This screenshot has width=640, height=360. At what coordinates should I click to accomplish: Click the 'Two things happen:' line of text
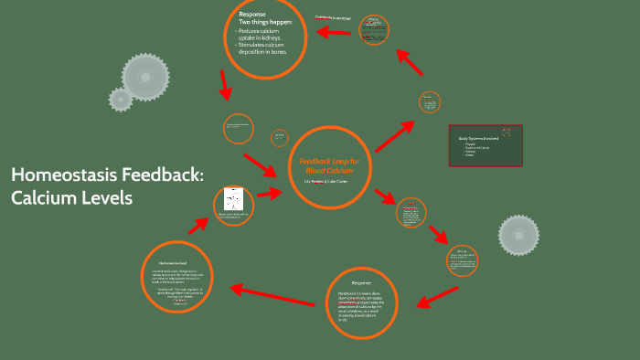pyautogui.click(x=265, y=22)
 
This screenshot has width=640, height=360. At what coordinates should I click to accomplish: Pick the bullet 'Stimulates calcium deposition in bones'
pyautogui.click(x=265, y=48)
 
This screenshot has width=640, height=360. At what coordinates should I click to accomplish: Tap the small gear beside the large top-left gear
pyautogui.click(x=120, y=98)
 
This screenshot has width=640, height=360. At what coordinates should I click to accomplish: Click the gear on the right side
pyautogui.click(x=518, y=236)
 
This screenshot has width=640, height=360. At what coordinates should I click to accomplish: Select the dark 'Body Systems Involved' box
pyautogui.click(x=485, y=145)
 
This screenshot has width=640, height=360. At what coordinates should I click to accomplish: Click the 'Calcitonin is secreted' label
pyautogui.click(x=333, y=17)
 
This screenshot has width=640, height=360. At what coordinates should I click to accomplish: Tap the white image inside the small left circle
pyautogui.click(x=232, y=201)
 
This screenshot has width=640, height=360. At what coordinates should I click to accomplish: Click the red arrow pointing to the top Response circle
pyautogui.click(x=334, y=31)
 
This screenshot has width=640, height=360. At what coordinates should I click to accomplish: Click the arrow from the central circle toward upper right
pyautogui.click(x=394, y=137)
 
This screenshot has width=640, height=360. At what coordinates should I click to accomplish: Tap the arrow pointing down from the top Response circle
pyautogui.click(x=224, y=85)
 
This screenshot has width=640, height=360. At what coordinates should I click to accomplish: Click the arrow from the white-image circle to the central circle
pyautogui.click(x=270, y=194)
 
